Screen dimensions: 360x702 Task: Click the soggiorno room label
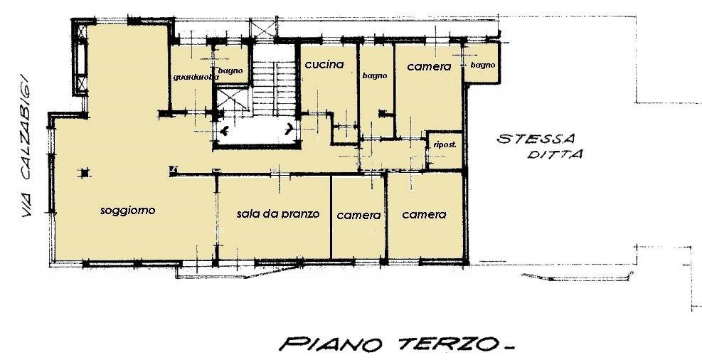128,211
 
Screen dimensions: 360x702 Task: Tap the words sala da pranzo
278,213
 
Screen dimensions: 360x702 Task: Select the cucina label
324,65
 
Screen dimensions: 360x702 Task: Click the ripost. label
445,144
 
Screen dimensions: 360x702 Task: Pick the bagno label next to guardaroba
230,70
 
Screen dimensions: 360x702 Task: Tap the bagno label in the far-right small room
482,65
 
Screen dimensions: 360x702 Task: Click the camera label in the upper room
429,66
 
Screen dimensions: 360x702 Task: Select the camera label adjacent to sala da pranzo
358,215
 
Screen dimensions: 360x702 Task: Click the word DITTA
554,154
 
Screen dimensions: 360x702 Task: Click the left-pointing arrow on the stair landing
226,131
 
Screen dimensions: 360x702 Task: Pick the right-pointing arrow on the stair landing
289,129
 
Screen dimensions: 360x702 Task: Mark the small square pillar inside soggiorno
85,172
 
